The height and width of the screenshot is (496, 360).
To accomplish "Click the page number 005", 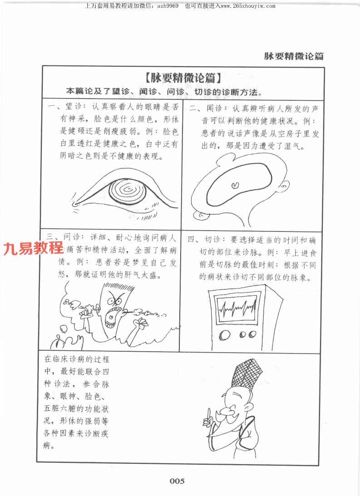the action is tap(177, 481).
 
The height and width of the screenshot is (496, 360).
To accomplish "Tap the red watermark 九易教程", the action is tap(34, 248).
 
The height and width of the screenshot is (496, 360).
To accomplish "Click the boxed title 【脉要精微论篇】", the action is tap(183, 78).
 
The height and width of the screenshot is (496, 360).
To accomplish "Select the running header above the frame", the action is tap(294, 56).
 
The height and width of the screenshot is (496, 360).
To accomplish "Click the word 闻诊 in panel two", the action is tap(215, 109).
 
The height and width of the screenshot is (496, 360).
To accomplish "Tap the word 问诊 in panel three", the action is tap(72, 237).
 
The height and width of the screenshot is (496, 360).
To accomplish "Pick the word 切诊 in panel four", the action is tap(213, 240).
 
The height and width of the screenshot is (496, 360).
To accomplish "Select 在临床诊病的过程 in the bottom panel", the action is tap(77, 359).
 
